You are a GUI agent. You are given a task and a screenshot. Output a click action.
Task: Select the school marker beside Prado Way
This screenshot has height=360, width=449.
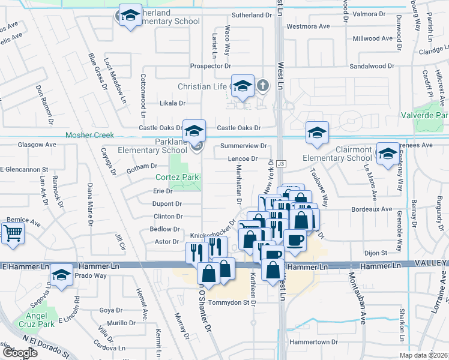click(x=61, y=275)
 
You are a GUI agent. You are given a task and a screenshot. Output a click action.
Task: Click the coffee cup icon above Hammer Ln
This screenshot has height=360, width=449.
click(x=294, y=240)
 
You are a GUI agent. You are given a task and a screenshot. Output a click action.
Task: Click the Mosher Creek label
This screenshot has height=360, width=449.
click(x=89, y=135)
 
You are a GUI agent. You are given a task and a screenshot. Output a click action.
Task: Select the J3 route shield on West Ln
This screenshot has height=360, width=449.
click(x=281, y=163)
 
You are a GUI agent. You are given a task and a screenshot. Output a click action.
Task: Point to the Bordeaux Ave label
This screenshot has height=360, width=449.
click(x=370, y=209)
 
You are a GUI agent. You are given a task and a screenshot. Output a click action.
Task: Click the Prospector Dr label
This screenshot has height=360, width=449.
click(x=210, y=65)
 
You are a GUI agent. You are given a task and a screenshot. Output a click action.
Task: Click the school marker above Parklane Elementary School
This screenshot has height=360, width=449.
click(x=194, y=130)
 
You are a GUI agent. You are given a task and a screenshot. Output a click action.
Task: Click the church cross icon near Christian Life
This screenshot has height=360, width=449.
click(x=262, y=86)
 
